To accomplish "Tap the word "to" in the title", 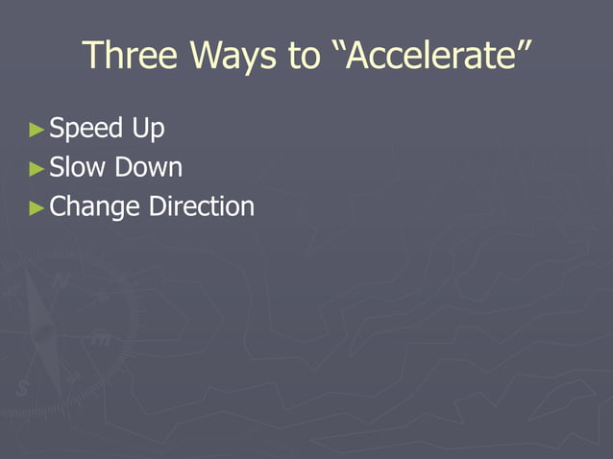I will [303, 57].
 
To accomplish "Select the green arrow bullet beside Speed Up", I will [37, 129].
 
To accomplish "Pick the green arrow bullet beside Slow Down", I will [37, 169].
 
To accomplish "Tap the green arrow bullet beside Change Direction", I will [37, 207].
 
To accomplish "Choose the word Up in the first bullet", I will [149, 129].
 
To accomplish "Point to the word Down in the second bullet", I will [148, 168].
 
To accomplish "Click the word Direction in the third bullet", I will [202, 206].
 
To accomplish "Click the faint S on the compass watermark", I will [22, 389].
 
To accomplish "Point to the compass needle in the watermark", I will [43, 331].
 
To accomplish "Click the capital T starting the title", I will [92, 56].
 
